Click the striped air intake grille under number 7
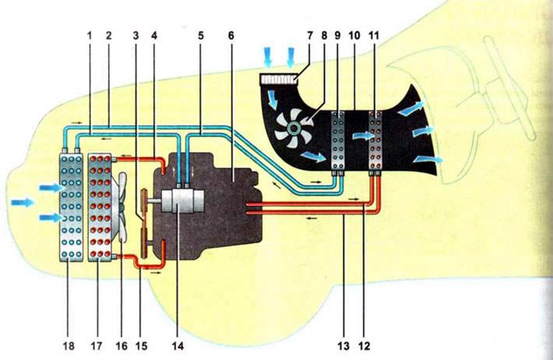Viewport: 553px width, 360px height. click(x=279, y=78)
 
